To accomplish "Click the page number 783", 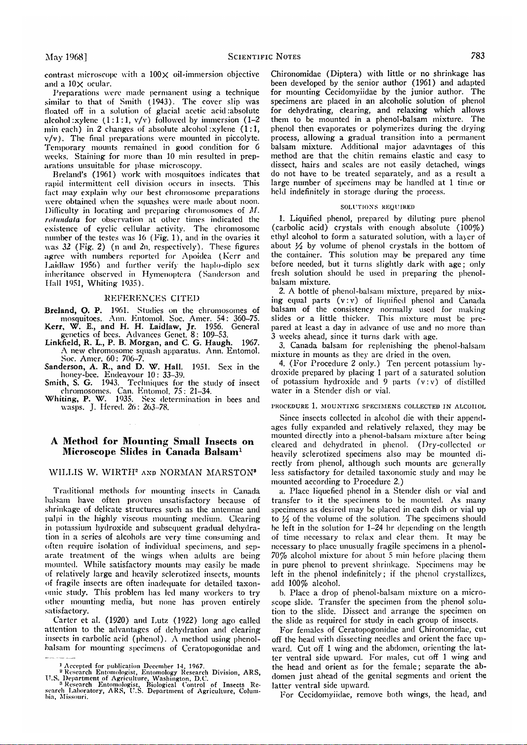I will pos(478,56).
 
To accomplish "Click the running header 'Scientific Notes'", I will pos(264,57).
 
